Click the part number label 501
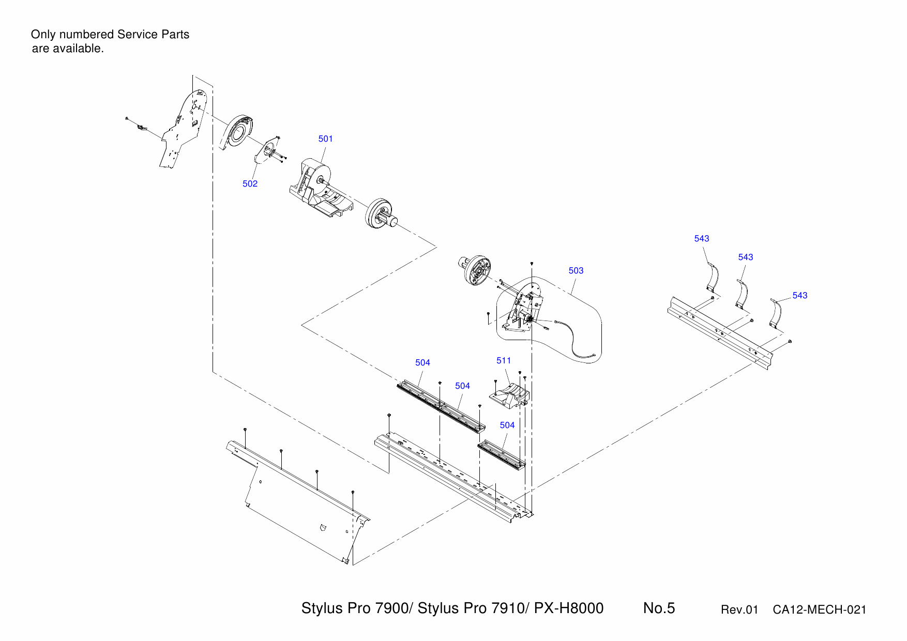click(x=325, y=139)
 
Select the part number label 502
click(x=250, y=184)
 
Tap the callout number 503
click(x=576, y=270)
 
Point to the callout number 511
click(x=503, y=360)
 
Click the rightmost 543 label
click(x=799, y=295)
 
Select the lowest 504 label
click(x=507, y=425)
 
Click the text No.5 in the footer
click(x=659, y=608)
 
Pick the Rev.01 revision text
click(x=739, y=609)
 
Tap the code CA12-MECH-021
click(x=819, y=609)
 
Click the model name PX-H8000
click(x=568, y=608)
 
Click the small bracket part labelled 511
click(x=510, y=395)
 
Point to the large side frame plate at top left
click(x=184, y=129)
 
